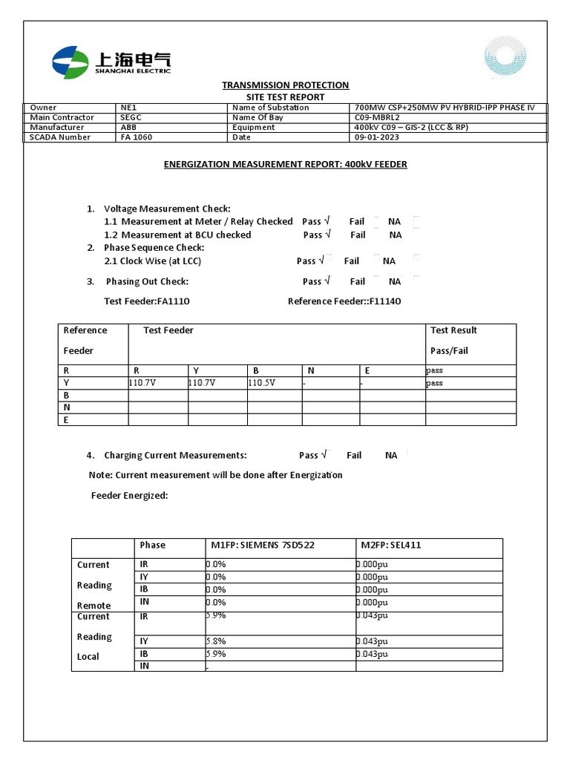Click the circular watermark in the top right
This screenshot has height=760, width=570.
point(507,59)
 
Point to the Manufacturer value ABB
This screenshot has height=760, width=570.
point(128,127)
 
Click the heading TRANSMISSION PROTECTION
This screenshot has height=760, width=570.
point(285,85)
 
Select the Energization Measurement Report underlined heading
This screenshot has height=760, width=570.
point(285,164)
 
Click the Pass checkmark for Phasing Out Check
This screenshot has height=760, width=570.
point(324,281)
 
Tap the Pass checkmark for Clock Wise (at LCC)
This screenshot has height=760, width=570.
point(321,261)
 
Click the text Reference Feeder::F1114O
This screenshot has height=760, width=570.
point(344,301)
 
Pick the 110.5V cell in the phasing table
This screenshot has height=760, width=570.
point(261,383)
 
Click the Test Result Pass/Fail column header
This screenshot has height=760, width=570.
point(453,340)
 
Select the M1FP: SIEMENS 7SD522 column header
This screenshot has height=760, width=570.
point(263,546)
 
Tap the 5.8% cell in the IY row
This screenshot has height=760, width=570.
point(216,641)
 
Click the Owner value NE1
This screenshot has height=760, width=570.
point(128,108)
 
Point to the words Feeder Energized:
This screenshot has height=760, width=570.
point(129,495)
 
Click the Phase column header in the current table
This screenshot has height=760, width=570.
point(153,546)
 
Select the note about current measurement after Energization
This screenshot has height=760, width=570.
point(215,475)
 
